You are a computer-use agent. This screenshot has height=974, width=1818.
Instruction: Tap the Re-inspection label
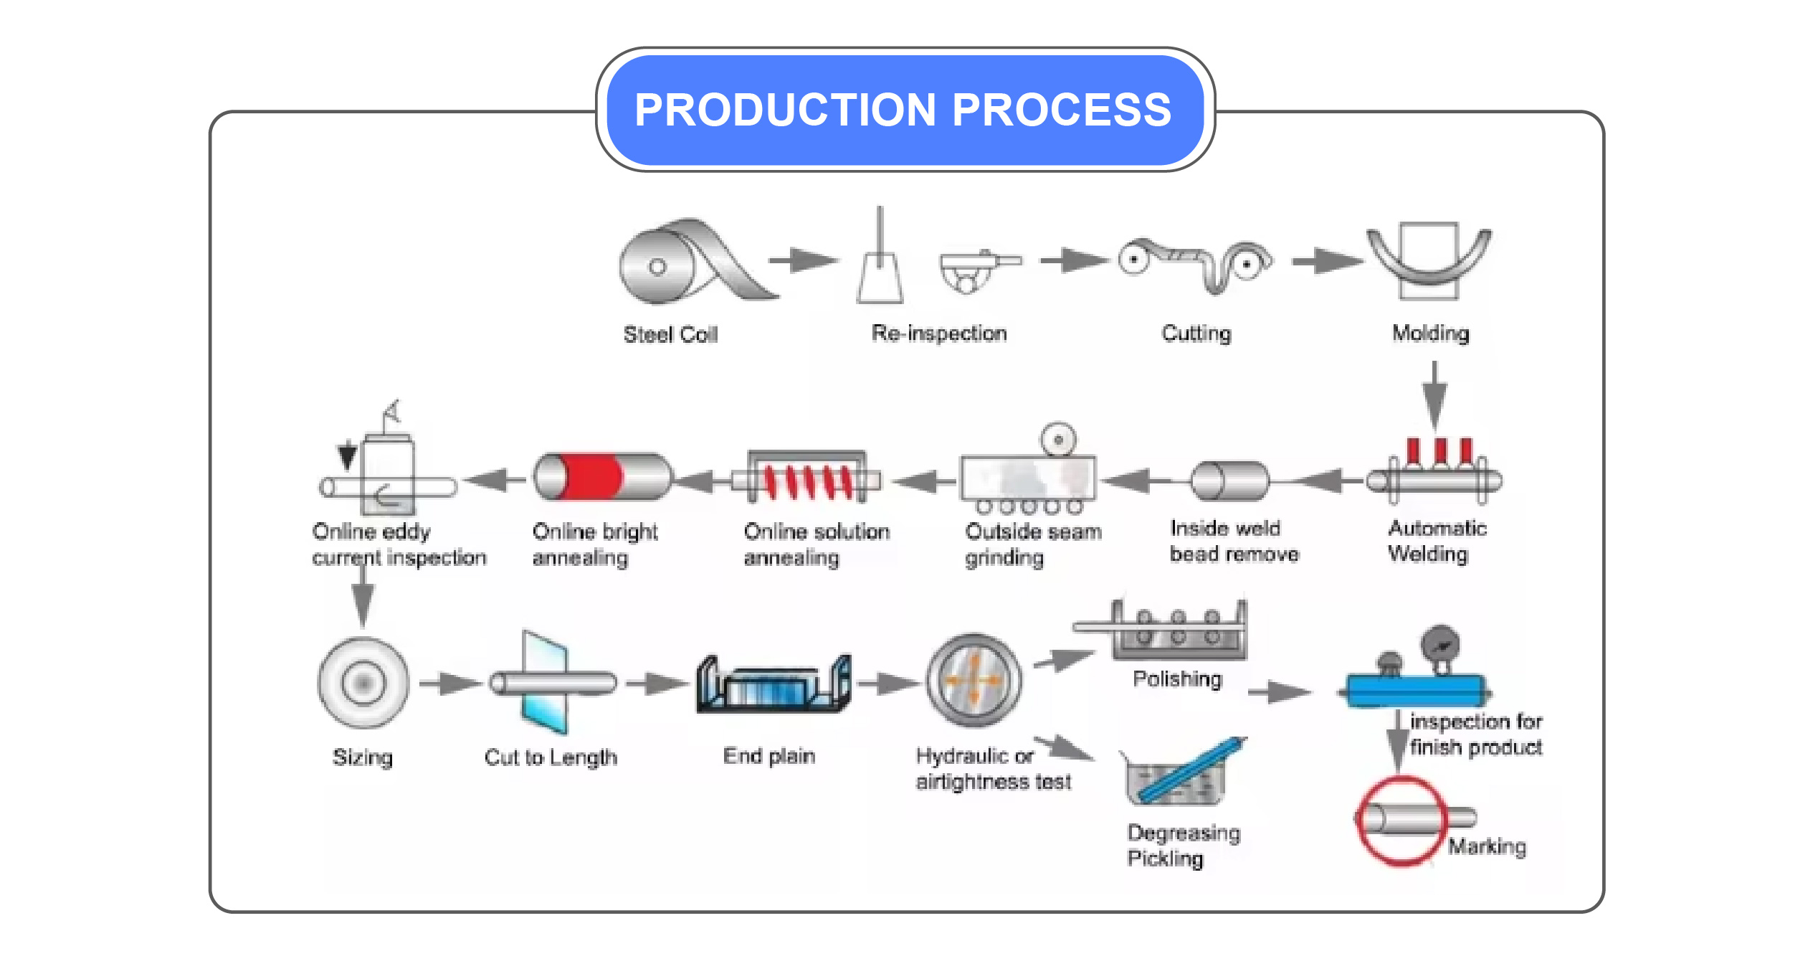tap(939, 333)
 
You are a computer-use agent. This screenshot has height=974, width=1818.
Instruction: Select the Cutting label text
tap(1196, 333)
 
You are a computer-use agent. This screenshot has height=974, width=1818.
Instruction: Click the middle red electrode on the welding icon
tap(1439, 451)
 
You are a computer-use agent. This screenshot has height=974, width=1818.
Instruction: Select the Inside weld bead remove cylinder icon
tap(1229, 481)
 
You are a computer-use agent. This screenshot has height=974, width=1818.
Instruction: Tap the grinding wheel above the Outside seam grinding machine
tap(1058, 439)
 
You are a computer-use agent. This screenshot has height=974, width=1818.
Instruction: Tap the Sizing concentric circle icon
tap(363, 683)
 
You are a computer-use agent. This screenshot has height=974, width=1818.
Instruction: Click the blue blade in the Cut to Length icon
tap(545, 681)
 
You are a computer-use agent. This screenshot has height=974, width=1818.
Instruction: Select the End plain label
tap(768, 756)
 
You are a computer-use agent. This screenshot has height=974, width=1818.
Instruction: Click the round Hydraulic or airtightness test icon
tap(974, 680)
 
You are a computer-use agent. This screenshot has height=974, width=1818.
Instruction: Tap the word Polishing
tap(1177, 679)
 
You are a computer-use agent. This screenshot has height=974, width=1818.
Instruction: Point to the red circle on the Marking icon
tap(1399, 822)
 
